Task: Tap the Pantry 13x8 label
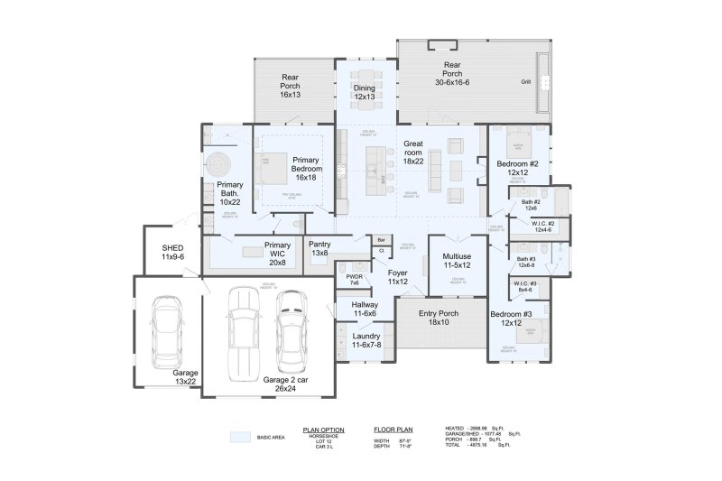319,248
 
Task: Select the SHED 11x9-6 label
172,252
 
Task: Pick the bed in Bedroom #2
520,144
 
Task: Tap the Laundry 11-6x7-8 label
366,340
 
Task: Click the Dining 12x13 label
364,92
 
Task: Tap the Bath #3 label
526,263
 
